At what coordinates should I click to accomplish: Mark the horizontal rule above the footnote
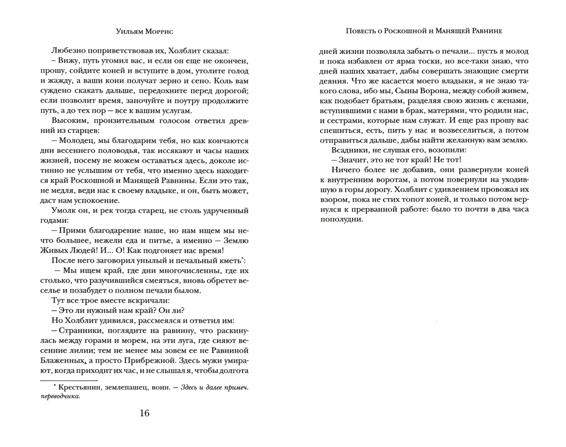point(69,380)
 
